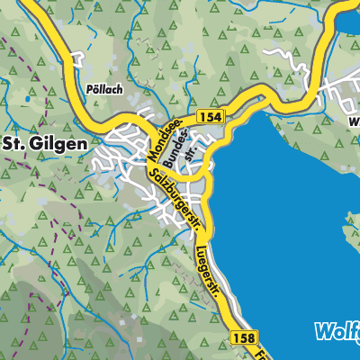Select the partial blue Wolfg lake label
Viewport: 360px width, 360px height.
click(337, 331)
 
